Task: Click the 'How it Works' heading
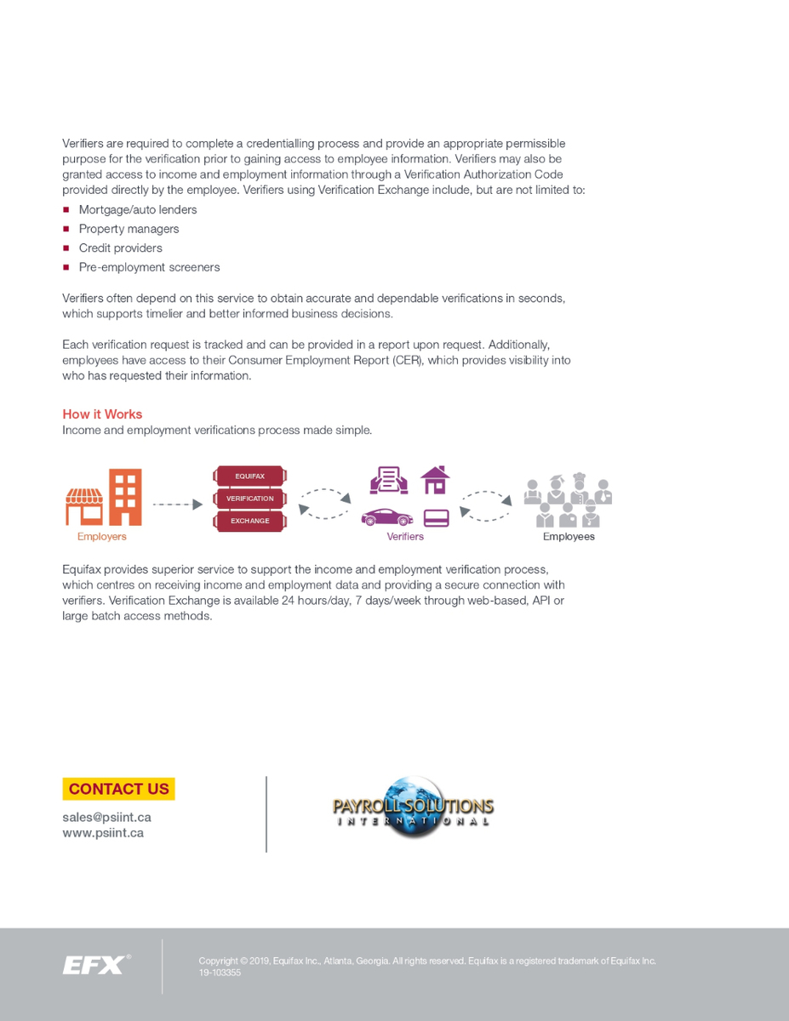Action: click(x=102, y=414)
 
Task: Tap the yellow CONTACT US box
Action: click(x=118, y=789)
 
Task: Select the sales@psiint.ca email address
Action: click(x=106, y=817)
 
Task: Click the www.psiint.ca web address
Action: click(x=102, y=833)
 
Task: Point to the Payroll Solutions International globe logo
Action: click(x=413, y=807)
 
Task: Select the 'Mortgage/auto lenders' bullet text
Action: click(x=138, y=209)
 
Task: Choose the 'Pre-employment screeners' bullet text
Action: click(x=149, y=267)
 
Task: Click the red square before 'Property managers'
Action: click(x=66, y=229)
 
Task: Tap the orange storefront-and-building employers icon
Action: click(x=104, y=498)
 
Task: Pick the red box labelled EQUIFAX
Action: click(x=249, y=476)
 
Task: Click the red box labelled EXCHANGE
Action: click(x=249, y=521)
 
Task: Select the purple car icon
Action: click(x=387, y=517)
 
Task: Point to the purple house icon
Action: click(x=435, y=480)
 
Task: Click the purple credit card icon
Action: click(x=436, y=517)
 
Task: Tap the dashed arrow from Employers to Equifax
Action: click(x=177, y=505)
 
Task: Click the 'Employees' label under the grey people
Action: click(x=569, y=537)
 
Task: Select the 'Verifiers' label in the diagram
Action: click(x=405, y=537)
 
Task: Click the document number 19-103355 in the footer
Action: click(x=220, y=973)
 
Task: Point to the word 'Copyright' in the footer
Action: click(x=218, y=961)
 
